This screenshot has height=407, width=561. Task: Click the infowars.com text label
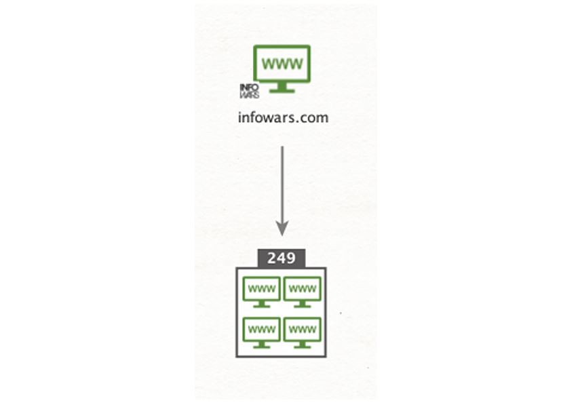coord(283,117)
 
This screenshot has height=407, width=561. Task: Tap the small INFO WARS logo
coord(249,91)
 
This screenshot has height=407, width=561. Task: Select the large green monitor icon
coord(282,69)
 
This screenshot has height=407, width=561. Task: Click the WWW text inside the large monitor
coord(282,64)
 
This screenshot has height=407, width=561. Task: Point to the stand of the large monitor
coord(282,88)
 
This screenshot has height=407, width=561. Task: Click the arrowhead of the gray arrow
coord(282,228)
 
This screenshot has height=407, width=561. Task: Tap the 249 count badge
coord(282,258)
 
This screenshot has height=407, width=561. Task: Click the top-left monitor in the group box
coord(262,292)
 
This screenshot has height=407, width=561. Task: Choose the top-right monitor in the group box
coord(303,292)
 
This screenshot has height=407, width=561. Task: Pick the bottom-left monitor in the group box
coord(262,332)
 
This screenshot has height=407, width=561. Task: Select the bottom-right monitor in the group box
coord(303,332)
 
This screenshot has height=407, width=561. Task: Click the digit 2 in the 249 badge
coord(272,258)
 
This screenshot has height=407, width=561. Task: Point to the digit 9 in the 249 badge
coord(291,258)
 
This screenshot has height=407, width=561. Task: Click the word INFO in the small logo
coord(249,88)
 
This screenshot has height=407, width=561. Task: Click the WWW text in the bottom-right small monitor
coord(303,329)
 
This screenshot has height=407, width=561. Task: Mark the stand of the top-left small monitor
coord(262,304)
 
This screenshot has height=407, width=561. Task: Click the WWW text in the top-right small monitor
coord(303,288)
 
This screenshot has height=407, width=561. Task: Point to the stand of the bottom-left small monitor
coord(262,345)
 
